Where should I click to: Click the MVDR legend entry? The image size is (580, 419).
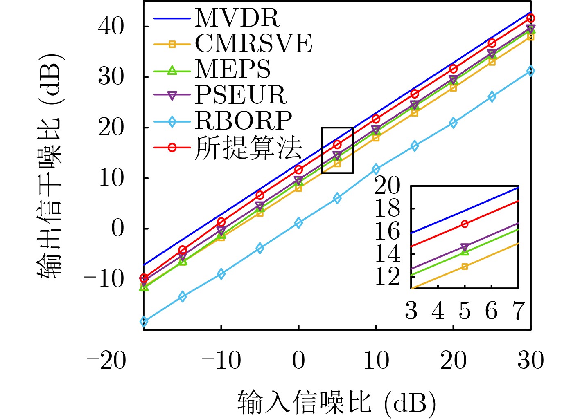[238, 18]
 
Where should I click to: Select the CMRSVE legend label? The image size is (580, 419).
[253, 43]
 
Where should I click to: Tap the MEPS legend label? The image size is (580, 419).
[232, 69]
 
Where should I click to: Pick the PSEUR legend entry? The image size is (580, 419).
[241, 95]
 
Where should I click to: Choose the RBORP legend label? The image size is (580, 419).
[244, 121]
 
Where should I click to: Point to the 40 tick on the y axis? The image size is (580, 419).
[111, 27]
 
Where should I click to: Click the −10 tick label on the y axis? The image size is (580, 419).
[104, 279]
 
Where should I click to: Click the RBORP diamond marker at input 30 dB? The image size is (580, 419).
[530, 71]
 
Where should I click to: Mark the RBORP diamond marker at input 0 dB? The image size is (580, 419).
[298, 223]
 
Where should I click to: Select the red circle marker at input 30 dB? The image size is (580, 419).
[530, 18]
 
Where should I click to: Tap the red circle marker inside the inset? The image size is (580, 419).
[465, 224]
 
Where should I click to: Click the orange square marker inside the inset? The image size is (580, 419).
[465, 267]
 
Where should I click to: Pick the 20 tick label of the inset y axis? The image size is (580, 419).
[387, 186]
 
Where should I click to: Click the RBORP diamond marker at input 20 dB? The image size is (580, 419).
[453, 123]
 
